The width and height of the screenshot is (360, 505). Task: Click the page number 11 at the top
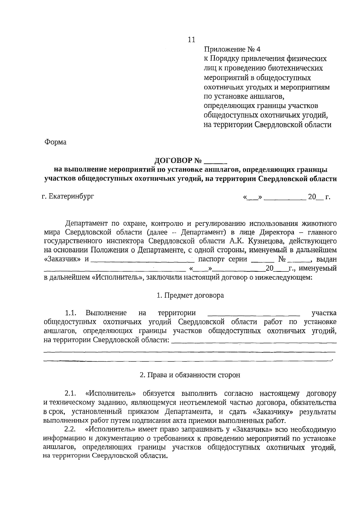(x=191, y=40)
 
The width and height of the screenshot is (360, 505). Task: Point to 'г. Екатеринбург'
(x=68, y=197)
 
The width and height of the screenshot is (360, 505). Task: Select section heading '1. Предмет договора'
(x=190, y=295)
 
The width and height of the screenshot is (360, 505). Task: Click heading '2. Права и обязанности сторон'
(x=190, y=375)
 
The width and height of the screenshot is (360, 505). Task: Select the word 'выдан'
(x=327, y=259)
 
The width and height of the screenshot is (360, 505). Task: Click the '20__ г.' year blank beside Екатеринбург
(x=319, y=197)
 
